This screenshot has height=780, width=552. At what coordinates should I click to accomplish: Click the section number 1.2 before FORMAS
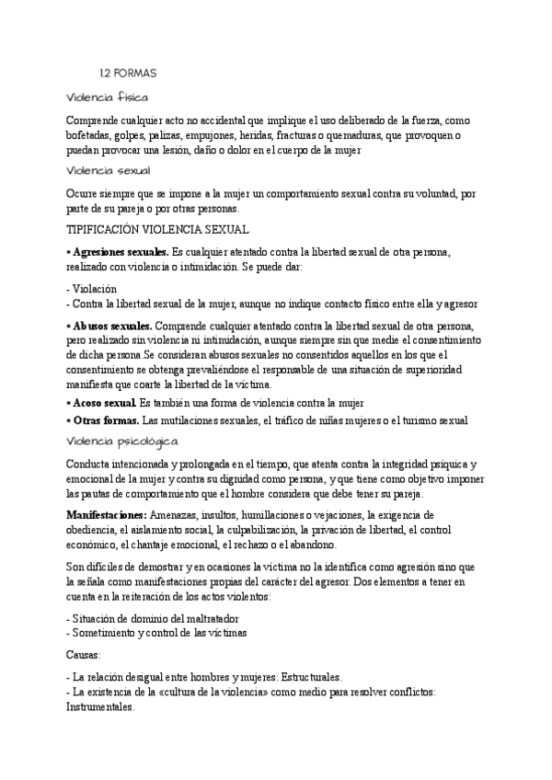point(105,73)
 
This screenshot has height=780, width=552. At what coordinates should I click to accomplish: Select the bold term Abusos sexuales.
point(114,327)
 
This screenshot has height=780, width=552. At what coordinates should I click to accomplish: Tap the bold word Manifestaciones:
point(106,516)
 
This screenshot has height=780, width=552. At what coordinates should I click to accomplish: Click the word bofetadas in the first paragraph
point(93,134)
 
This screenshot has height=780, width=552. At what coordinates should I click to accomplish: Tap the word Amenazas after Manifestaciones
point(178,516)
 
